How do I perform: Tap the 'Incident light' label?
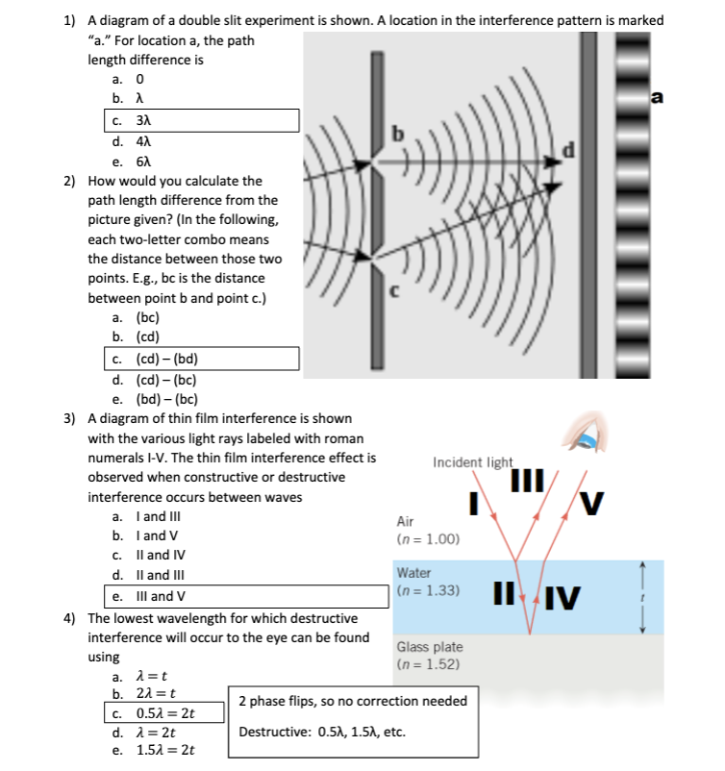(x=473, y=462)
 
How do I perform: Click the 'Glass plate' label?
(x=429, y=648)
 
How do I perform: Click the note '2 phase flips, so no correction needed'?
(x=352, y=700)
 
